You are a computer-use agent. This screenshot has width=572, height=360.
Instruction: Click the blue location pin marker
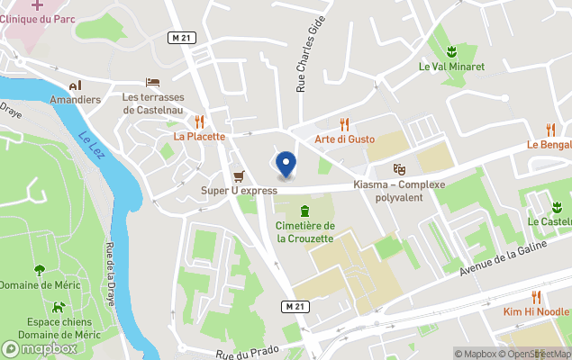[x=286, y=164]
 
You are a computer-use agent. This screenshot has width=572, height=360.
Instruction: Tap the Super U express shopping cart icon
[x=239, y=175]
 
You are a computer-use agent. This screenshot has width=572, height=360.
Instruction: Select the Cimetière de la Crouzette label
[x=305, y=232]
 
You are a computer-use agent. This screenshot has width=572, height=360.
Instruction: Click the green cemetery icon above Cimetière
[x=305, y=211]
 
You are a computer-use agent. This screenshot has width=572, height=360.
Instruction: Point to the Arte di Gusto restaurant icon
[x=344, y=124]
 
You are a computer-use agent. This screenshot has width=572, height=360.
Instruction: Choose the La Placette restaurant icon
[x=199, y=121]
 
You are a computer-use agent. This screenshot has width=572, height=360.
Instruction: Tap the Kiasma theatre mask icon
[x=400, y=169]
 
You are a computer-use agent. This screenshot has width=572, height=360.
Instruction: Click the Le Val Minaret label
[x=451, y=67]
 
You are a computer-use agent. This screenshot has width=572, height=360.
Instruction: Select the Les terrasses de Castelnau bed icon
[x=152, y=83]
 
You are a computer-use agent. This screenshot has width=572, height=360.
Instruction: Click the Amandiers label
[x=75, y=99]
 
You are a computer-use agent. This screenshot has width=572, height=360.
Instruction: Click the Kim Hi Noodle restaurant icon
[x=537, y=296]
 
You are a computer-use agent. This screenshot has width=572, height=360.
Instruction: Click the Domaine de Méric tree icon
[x=40, y=270]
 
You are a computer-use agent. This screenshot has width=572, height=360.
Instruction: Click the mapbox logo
[x=40, y=348]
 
